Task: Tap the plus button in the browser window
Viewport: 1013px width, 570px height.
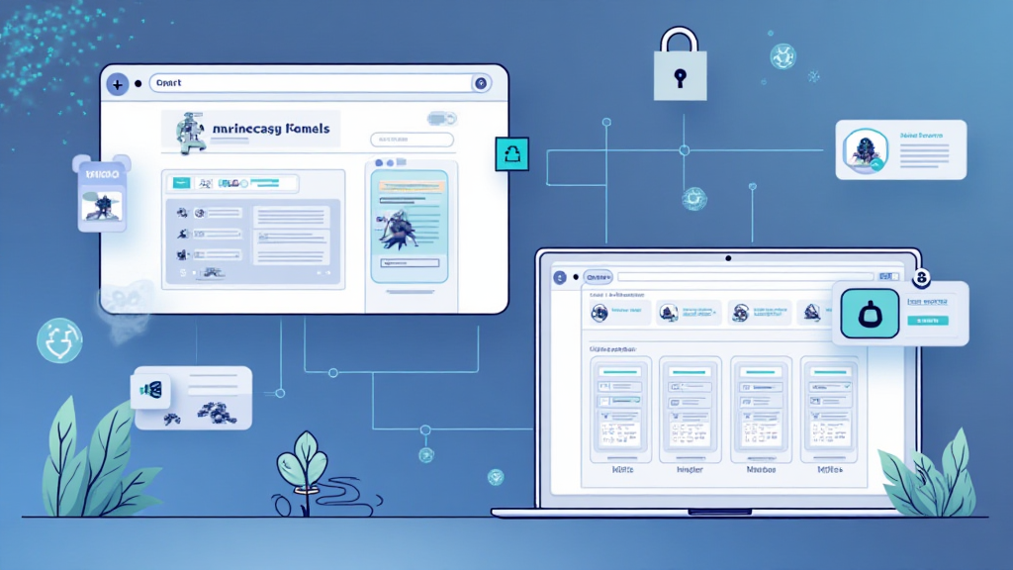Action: [x=118, y=85]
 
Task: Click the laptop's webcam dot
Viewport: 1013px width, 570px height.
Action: [x=728, y=258]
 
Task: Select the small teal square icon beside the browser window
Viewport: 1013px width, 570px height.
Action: [x=511, y=154]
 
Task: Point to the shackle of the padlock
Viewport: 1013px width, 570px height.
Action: [x=680, y=43]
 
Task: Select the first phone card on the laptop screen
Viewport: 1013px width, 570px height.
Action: [x=620, y=409]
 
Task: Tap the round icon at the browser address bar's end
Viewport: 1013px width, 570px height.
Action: [x=481, y=85]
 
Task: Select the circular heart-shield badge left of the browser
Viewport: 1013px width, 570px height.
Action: [x=59, y=339]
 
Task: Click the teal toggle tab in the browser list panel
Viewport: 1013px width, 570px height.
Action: [x=181, y=183]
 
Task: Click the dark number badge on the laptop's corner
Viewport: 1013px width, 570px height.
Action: [x=923, y=279]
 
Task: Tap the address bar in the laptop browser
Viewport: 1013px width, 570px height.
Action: [x=752, y=278]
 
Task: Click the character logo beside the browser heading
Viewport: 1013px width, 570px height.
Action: [x=187, y=134]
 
